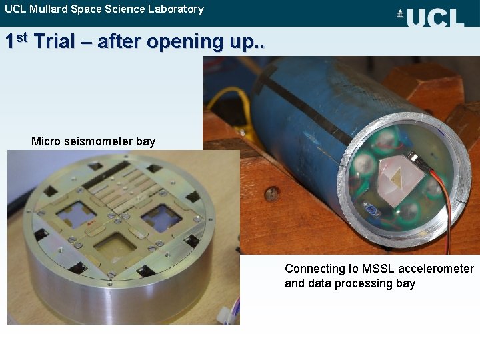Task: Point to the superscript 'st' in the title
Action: [x=22, y=37]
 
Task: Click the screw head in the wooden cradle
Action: [x=271, y=194]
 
